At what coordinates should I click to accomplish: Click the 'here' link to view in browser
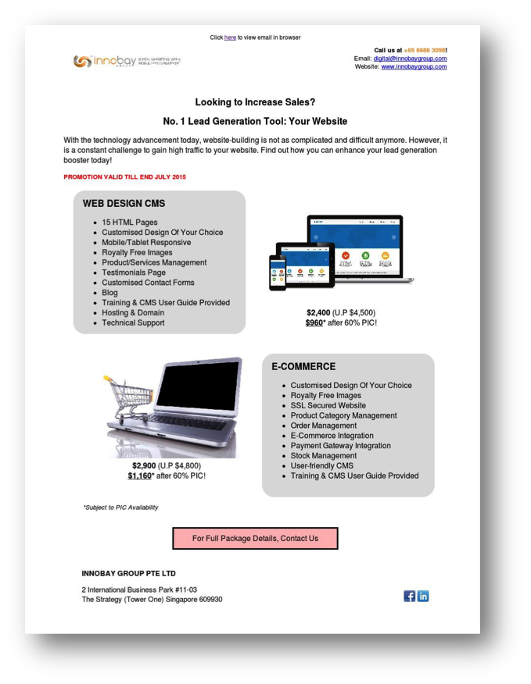point(230,37)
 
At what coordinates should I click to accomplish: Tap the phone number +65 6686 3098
point(425,50)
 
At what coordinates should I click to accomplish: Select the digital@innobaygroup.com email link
point(410,59)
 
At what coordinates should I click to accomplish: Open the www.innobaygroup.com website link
point(414,67)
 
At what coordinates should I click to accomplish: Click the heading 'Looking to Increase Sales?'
point(255,102)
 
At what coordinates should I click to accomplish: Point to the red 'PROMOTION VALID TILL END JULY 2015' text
point(124,177)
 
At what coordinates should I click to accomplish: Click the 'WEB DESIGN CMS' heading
point(124,204)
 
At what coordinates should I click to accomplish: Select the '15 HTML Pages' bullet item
point(129,223)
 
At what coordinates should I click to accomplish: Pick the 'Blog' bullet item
point(109,293)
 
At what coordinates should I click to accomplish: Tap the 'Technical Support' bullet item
point(133,322)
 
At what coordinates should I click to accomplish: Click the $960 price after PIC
point(314,322)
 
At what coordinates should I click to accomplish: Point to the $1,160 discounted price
point(140,476)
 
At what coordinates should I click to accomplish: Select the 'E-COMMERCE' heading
point(303,367)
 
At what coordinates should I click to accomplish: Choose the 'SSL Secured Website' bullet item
point(328,405)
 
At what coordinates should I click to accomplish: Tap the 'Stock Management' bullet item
point(323,455)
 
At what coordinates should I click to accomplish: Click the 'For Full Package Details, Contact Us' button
point(255,538)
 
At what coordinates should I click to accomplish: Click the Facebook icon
point(409,597)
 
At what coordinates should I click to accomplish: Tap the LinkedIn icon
point(423,597)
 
